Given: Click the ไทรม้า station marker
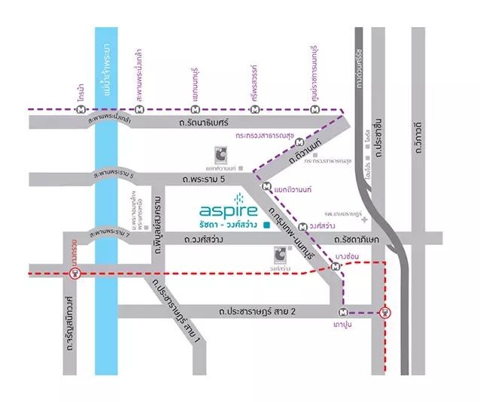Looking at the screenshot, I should pos(81,109).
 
